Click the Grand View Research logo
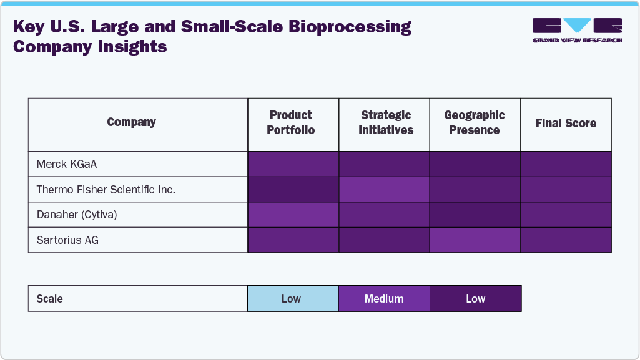click(x=577, y=31)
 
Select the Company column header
click(x=131, y=122)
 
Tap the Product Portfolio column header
click(x=291, y=123)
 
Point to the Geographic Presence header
click(x=475, y=123)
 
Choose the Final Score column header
click(x=566, y=124)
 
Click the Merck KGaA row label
click(x=67, y=164)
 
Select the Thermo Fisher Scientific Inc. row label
click(x=106, y=190)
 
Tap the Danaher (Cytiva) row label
click(x=77, y=215)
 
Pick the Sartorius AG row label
click(x=68, y=240)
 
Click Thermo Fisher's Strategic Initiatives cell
click(x=384, y=190)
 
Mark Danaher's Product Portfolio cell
click(x=293, y=215)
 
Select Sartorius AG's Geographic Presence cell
click(x=475, y=240)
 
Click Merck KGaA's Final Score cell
click(x=566, y=164)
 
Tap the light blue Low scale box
click(x=293, y=299)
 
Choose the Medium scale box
click(x=384, y=299)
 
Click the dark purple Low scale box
click(x=475, y=299)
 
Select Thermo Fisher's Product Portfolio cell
click(x=293, y=190)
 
